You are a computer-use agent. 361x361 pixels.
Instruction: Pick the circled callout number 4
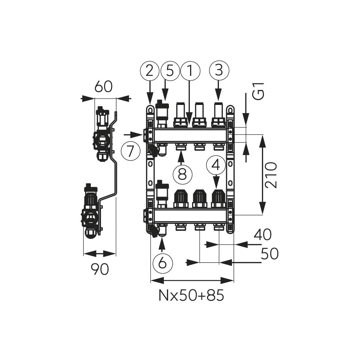[216, 165]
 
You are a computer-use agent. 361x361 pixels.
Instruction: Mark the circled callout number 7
[130, 151]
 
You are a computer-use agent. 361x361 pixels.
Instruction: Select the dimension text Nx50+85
[191, 296]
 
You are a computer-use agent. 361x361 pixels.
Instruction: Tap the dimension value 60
[103, 87]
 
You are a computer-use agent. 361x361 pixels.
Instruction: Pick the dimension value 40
[262, 234]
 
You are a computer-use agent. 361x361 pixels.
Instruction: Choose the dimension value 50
[270, 254]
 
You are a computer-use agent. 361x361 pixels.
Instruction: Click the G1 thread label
[258, 91]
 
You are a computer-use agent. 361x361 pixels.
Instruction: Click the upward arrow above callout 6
[162, 244]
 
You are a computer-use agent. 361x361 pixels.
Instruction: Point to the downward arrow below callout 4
[216, 182]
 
